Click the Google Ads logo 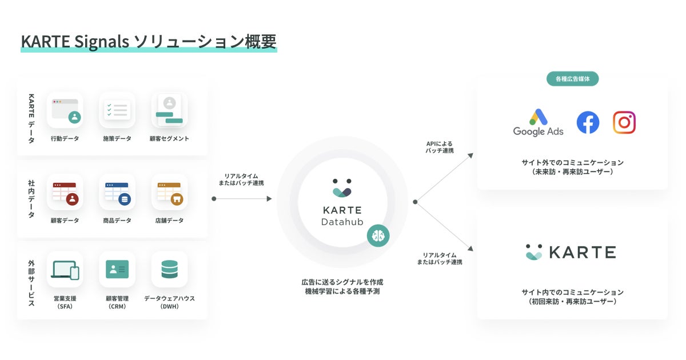pyautogui.click(x=538, y=122)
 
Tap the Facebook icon pyautogui.click(x=588, y=122)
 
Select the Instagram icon pyautogui.click(x=624, y=122)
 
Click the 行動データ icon pyautogui.click(x=65, y=110)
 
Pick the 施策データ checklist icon pyautogui.click(x=117, y=110)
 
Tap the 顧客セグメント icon pyautogui.click(x=169, y=110)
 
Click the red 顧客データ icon pyautogui.click(x=65, y=193)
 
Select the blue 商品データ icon pyautogui.click(x=117, y=193)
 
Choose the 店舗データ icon pyautogui.click(x=169, y=193)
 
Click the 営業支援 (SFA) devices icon pyautogui.click(x=65, y=269)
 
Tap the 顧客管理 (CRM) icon pyautogui.click(x=117, y=269)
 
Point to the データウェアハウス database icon pyautogui.click(x=169, y=269)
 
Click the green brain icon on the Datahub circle pyautogui.click(x=378, y=235)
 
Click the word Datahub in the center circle pyautogui.click(x=342, y=222)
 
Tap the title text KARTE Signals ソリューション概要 pyautogui.click(x=149, y=42)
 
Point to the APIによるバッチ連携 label pyautogui.click(x=439, y=147)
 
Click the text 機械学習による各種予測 pyautogui.click(x=342, y=291)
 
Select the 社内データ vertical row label pyautogui.click(x=31, y=199)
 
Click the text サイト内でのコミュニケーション pyautogui.click(x=572, y=292)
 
